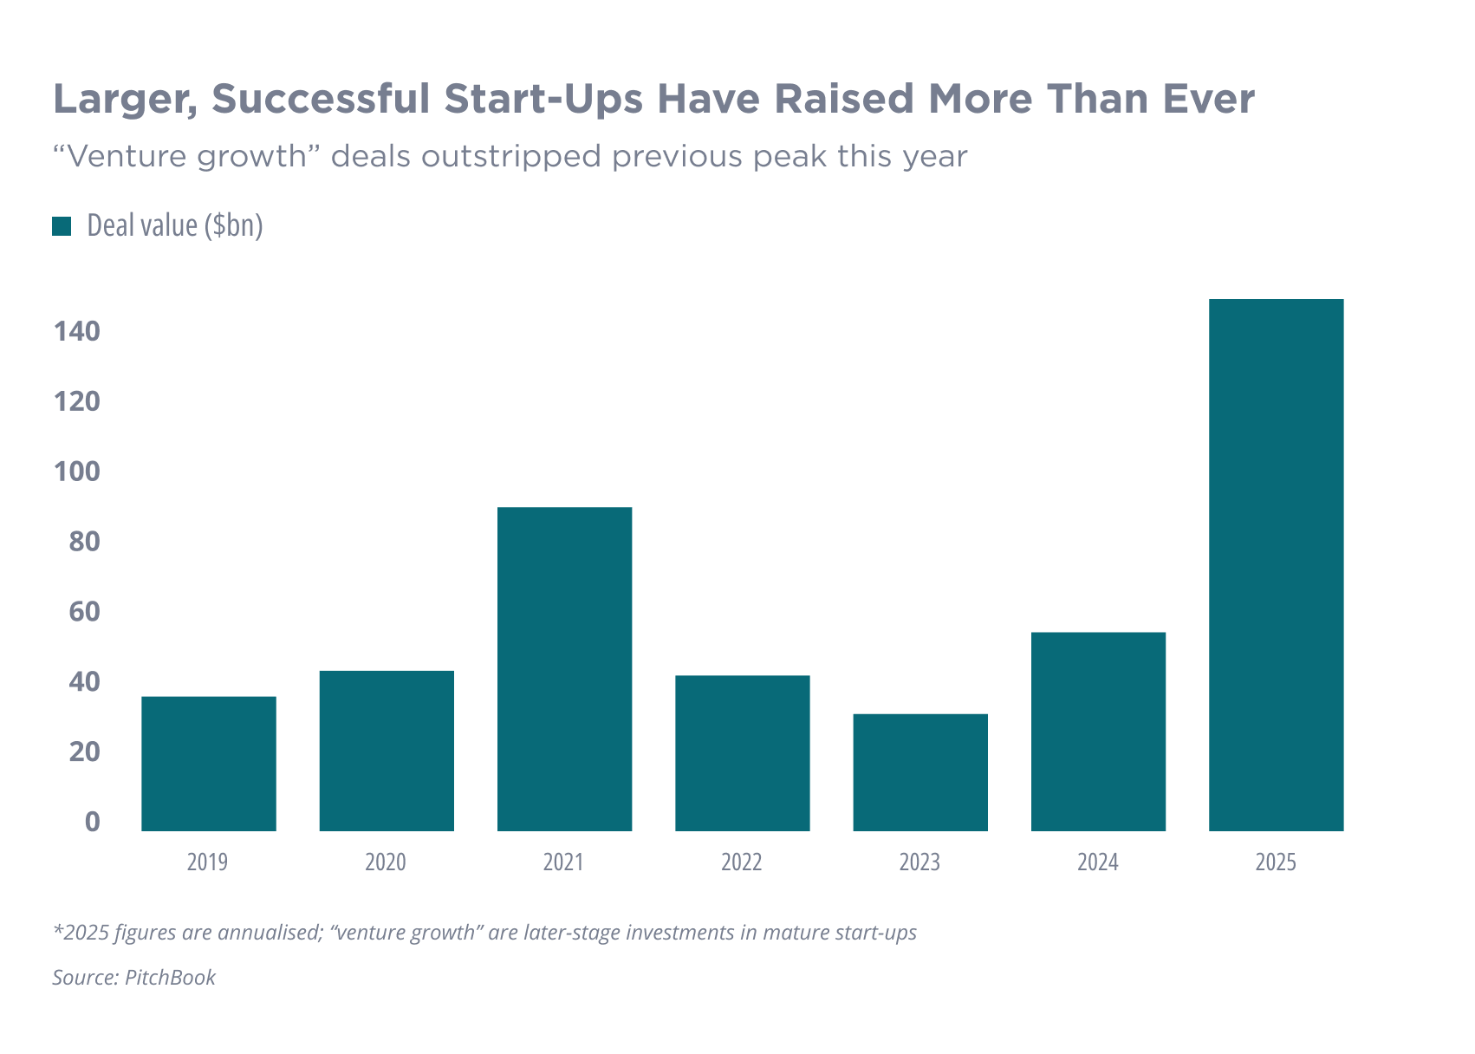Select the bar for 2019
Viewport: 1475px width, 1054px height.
pyautogui.click(x=209, y=763)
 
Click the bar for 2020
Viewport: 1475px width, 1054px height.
pyautogui.click(x=387, y=750)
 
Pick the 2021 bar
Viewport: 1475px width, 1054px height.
pyautogui.click(x=564, y=668)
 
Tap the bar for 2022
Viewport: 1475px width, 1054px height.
pyautogui.click(x=743, y=752)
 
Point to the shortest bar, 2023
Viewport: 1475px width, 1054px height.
pyautogui.click(x=920, y=771)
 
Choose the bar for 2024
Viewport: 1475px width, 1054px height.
pyautogui.click(x=1098, y=731)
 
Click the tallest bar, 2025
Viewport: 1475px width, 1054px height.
pyautogui.click(x=1276, y=564)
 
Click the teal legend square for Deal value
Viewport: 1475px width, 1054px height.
pyautogui.click(x=62, y=226)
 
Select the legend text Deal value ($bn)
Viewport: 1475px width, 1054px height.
pyautogui.click(x=175, y=226)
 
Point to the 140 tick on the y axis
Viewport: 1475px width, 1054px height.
pyautogui.click(x=77, y=331)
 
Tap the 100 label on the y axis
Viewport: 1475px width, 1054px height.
pyautogui.click(x=77, y=472)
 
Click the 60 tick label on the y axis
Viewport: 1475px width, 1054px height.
pyautogui.click(x=84, y=612)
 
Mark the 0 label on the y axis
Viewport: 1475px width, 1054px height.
pyautogui.click(x=92, y=822)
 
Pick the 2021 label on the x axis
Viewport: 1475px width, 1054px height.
pyautogui.click(x=563, y=862)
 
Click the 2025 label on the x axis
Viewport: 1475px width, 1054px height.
pyautogui.click(x=1276, y=862)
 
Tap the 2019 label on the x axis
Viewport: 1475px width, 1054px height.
pyautogui.click(x=207, y=862)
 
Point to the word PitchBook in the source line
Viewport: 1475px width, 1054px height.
pyautogui.click(x=171, y=978)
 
